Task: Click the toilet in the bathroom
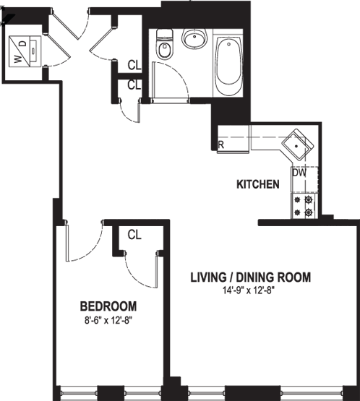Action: (x=164, y=44)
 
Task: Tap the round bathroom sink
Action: (x=194, y=38)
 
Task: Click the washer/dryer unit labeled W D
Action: (x=25, y=51)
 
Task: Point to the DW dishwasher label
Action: (x=299, y=173)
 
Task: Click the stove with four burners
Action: (x=304, y=206)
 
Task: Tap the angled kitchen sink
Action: (x=298, y=145)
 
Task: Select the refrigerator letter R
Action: (x=221, y=145)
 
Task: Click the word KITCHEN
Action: (x=258, y=184)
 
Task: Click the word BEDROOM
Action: (x=108, y=306)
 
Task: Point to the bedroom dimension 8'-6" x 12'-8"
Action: (x=108, y=321)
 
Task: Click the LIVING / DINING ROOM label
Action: (x=251, y=277)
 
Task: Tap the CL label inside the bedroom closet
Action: (x=134, y=235)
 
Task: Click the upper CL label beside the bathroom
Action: (x=134, y=66)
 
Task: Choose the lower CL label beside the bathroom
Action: (x=134, y=85)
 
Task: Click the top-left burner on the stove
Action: (x=297, y=199)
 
